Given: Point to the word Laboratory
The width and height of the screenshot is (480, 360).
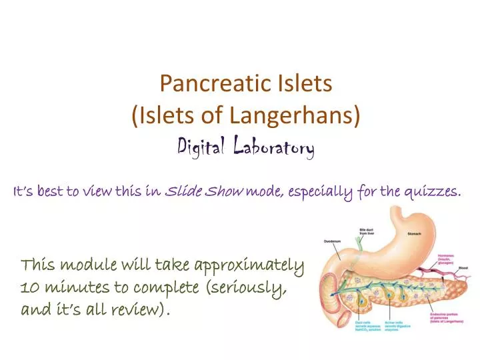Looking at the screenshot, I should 274,146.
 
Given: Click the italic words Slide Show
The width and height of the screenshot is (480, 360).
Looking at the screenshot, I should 204,193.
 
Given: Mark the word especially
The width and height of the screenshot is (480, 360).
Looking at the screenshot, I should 323,193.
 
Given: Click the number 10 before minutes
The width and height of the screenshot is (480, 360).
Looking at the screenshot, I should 29,289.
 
